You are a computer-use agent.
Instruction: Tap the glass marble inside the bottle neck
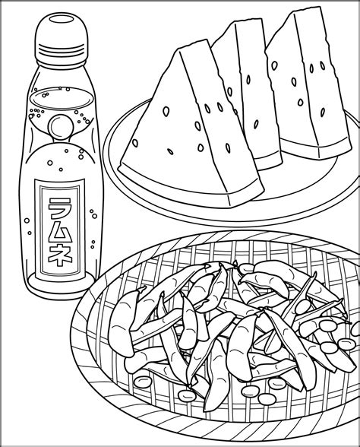pos(61,126)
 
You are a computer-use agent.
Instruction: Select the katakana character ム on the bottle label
pos(59,230)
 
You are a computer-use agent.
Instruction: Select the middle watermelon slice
pos(248,94)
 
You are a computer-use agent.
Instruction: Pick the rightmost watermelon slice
pos(308,85)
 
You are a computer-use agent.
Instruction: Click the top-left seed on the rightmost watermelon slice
pos(274,65)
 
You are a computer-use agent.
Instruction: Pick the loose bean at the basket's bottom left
pos(143,381)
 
